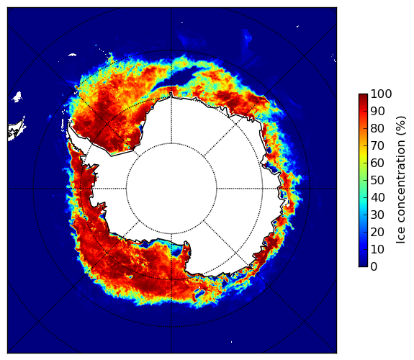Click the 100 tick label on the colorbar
381,94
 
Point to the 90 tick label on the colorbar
377,111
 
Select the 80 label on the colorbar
377,128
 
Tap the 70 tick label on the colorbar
377,145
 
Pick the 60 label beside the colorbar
377,163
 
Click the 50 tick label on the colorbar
377,181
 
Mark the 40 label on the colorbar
377,197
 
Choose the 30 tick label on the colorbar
377,215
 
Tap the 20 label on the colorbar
377,232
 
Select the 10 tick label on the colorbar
377,249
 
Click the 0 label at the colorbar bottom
374,267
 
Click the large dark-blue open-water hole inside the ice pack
185,78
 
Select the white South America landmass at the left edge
17,130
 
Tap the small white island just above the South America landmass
17,96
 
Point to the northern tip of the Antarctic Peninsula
69,122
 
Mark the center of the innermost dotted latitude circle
171,189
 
